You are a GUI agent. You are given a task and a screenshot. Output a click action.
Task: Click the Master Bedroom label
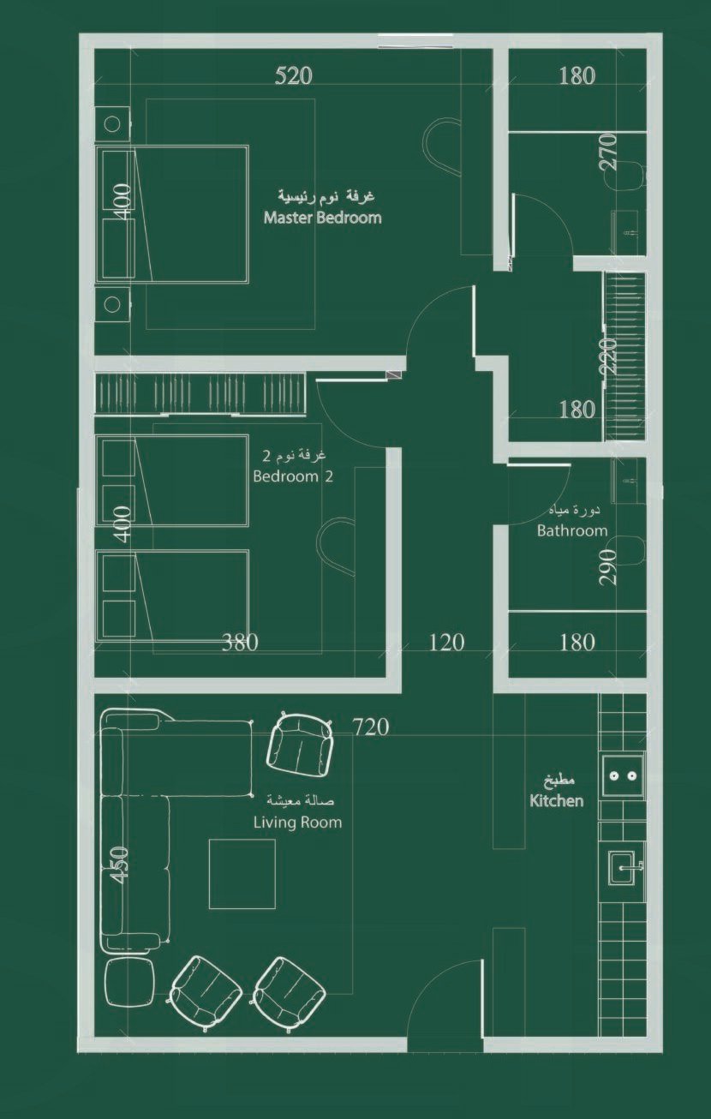click(x=323, y=218)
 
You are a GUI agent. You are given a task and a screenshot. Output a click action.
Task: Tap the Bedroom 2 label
click(x=293, y=476)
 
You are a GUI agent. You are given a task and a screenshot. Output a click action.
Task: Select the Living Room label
click(x=297, y=823)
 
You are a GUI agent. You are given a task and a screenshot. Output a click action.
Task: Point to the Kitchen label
click(x=556, y=801)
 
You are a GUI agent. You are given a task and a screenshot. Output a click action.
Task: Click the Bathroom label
click(x=572, y=530)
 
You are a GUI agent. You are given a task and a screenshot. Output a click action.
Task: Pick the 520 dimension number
click(x=294, y=76)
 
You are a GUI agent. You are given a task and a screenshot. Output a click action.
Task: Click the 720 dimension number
click(x=370, y=727)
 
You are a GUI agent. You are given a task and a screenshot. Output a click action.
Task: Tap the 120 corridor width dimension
click(x=446, y=643)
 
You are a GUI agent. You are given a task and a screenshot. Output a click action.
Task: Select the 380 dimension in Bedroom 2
click(x=240, y=643)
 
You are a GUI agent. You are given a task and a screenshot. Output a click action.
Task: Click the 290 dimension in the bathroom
click(x=607, y=567)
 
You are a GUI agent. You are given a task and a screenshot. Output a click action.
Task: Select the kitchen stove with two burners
click(x=622, y=775)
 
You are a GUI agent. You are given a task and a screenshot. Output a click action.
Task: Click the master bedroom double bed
click(x=172, y=214)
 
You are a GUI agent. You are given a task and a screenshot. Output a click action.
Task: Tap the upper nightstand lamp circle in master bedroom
click(x=112, y=123)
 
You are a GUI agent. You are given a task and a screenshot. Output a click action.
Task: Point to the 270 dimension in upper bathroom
click(x=607, y=152)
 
